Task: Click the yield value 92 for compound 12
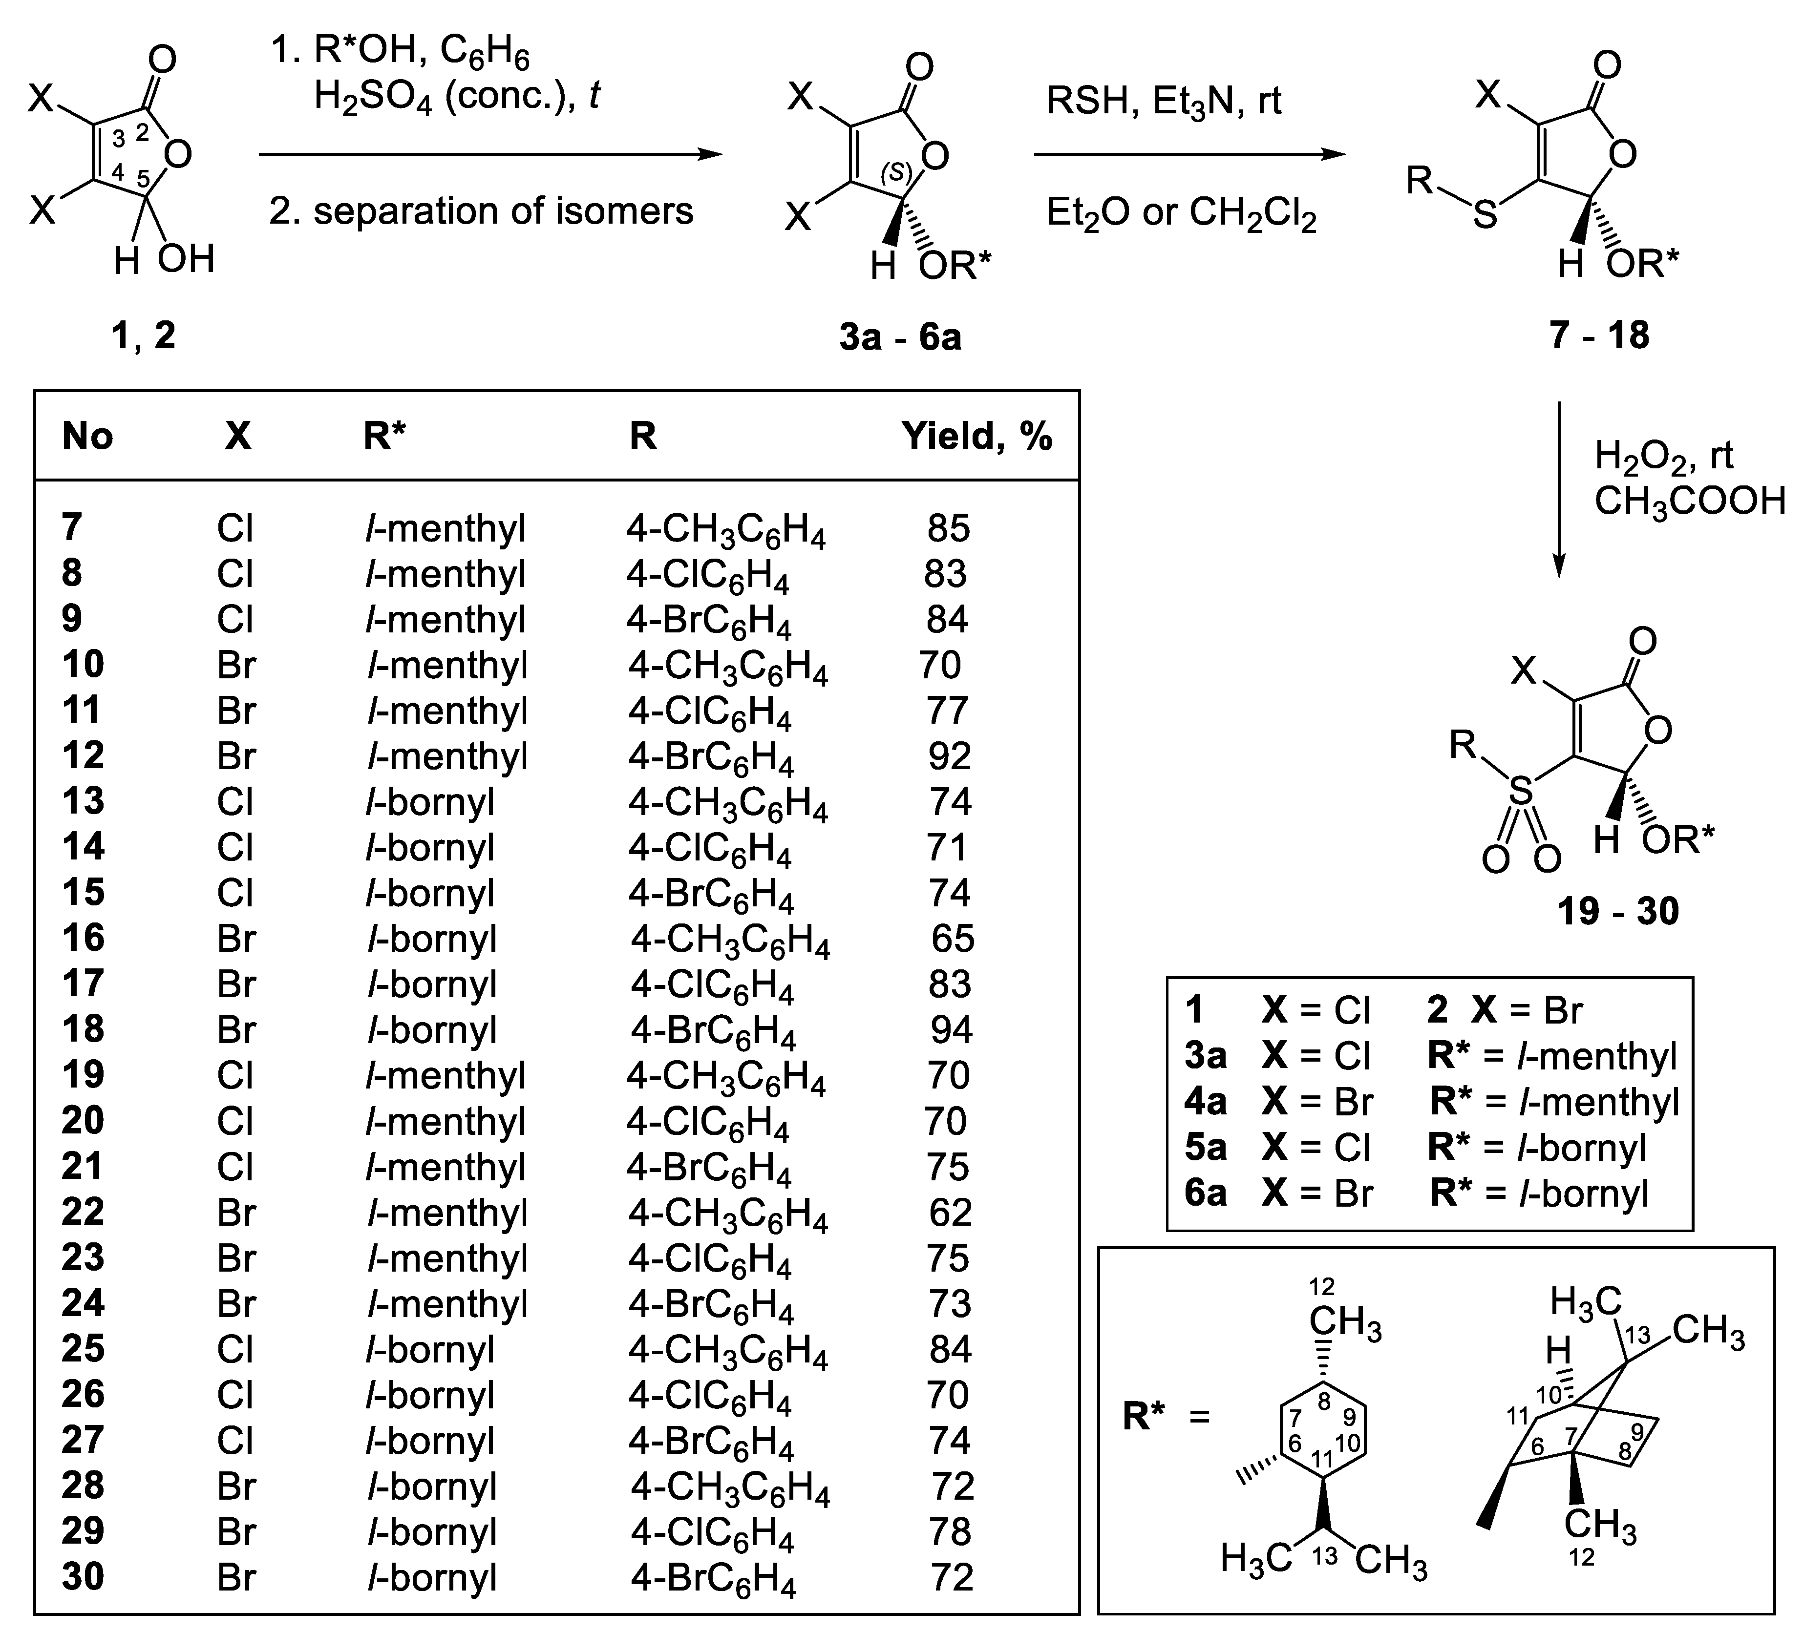coord(949,756)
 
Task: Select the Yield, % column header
coord(976,437)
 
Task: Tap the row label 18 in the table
coord(83,1029)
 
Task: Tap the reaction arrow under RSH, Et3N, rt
coord(1189,155)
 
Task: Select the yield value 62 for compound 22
coord(950,1213)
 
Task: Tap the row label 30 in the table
coord(83,1577)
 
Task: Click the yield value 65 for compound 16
coord(952,939)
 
